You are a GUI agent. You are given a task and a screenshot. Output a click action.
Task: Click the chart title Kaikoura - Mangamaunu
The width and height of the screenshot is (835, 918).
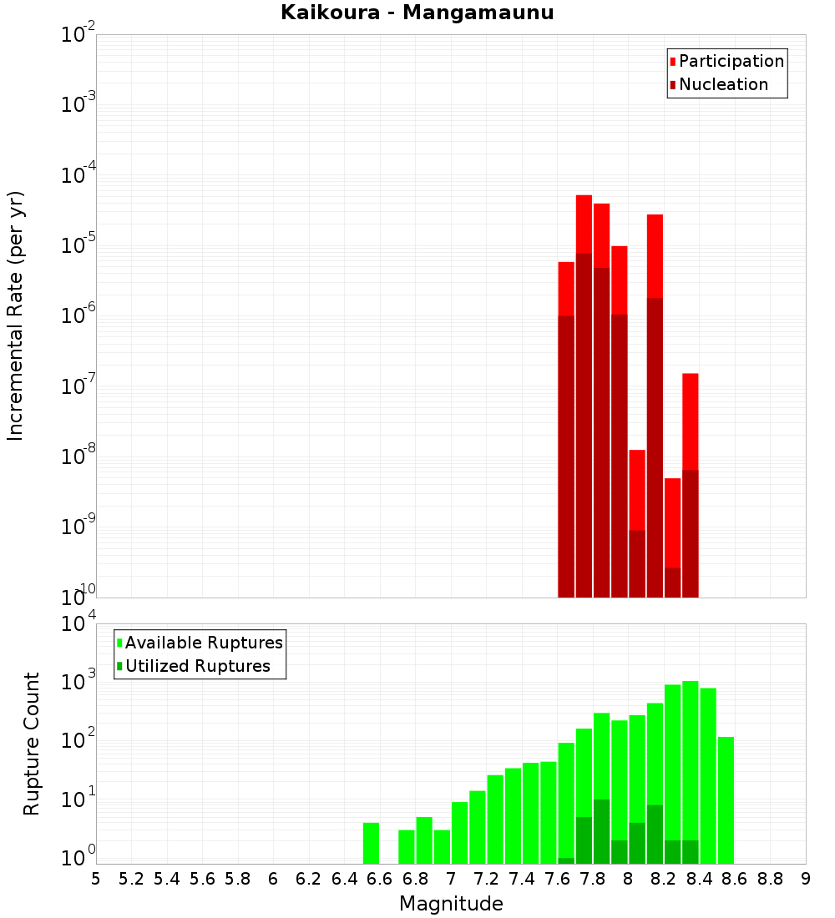click(417, 13)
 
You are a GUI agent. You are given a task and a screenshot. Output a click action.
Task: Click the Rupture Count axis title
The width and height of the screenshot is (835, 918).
click(32, 743)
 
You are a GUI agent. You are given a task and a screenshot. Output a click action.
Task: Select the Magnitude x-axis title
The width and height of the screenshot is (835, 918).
click(451, 904)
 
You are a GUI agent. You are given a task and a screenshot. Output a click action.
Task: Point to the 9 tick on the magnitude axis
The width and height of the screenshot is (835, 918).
click(806, 879)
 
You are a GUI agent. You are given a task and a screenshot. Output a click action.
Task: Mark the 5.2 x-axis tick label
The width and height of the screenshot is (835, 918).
click(131, 879)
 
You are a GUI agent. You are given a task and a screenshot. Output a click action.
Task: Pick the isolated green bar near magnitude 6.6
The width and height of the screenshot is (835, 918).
click(371, 843)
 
